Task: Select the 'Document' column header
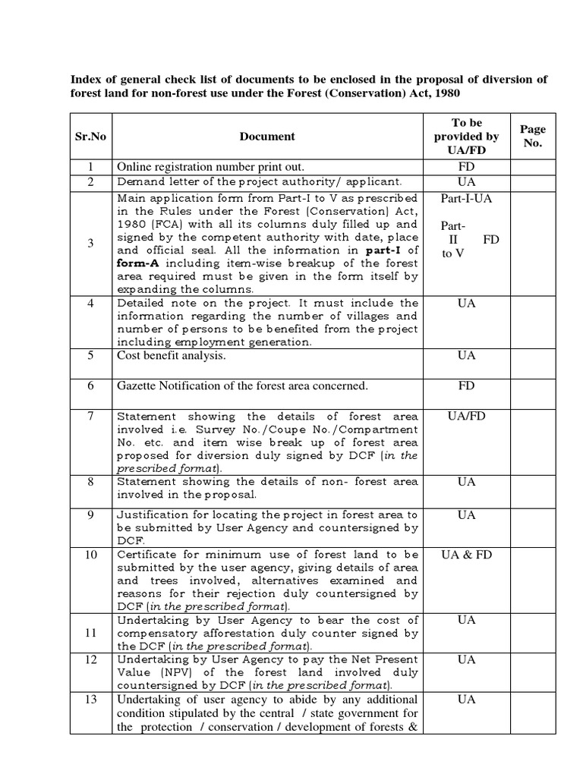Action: point(267,137)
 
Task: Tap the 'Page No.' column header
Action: point(533,137)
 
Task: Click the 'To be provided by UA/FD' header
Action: point(466,137)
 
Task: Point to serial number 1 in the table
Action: point(90,166)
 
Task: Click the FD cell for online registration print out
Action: point(466,166)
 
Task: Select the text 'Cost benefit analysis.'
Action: point(171,355)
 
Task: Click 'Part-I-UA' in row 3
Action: point(466,199)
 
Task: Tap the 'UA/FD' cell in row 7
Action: point(466,416)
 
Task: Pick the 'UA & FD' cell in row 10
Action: point(466,555)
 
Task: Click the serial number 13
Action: point(90,700)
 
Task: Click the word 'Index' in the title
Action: point(85,80)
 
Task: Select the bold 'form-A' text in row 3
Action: point(134,263)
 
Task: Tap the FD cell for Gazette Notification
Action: point(466,386)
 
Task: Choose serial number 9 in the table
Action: point(90,515)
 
